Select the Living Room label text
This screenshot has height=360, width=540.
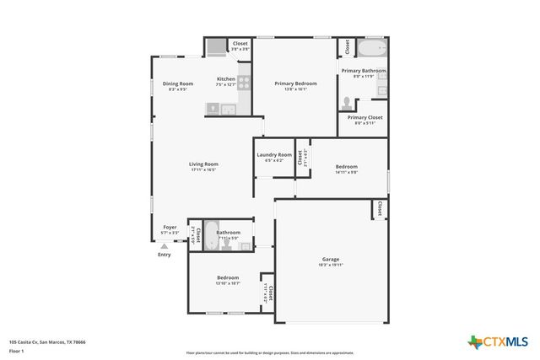[x=203, y=164]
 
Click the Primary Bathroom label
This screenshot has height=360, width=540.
[x=363, y=70]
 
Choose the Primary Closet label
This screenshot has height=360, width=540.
[x=364, y=117]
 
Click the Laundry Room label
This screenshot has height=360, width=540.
[x=274, y=154]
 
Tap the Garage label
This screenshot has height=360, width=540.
[x=330, y=259]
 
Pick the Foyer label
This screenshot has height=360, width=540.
[x=170, y=226]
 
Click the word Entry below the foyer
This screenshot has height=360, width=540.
[x=164, y=255]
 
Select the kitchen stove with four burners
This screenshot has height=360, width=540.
[x=244, y=83]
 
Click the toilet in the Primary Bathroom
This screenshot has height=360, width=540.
[x=347, y=103]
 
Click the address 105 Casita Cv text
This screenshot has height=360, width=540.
[x=47, y=342]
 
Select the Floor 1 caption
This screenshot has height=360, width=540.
[x=17, y=350]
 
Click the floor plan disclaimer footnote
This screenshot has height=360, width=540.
[x=270, y=352]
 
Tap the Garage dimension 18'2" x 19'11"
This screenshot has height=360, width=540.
[x=330, y=265]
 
